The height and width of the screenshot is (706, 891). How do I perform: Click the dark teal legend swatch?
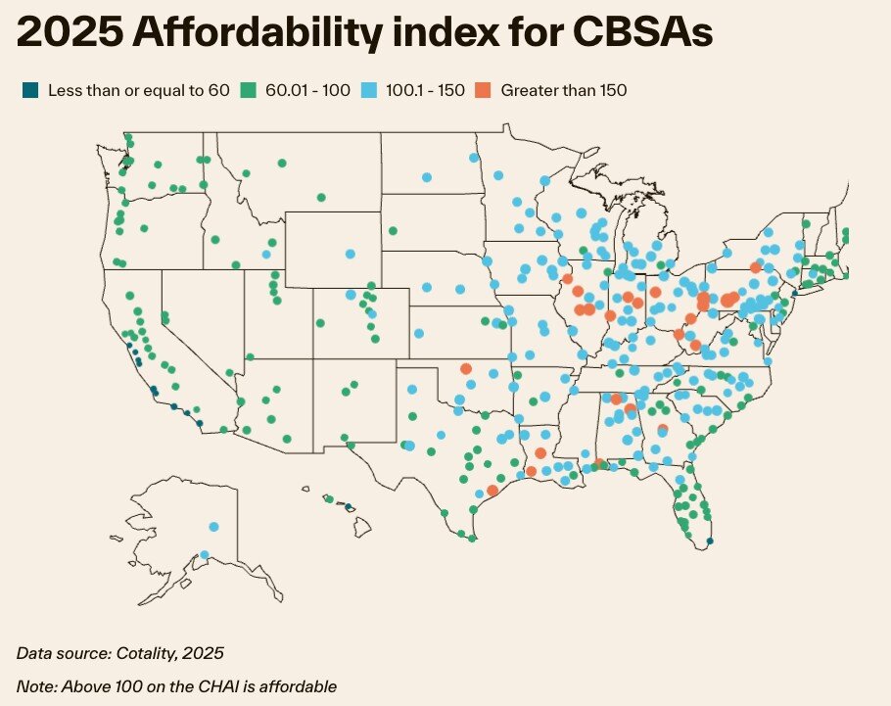point(28,91)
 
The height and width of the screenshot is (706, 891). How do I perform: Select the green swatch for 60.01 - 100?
point(251,91)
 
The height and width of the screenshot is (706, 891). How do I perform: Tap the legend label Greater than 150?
point(563,91)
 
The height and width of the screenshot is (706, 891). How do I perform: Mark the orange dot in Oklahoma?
point(466,368)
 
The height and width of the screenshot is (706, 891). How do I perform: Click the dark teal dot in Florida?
point(710,541)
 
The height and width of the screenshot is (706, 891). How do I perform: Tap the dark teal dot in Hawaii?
point(349,506)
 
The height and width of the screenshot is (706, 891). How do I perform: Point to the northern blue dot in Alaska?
point(213,527)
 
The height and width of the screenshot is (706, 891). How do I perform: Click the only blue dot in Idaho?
point(265,255)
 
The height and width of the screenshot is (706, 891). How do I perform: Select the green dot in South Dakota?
point(393,231)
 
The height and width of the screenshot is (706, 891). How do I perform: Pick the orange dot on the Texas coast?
point(492,491)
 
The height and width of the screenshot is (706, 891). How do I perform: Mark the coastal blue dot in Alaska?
point(204,555)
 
